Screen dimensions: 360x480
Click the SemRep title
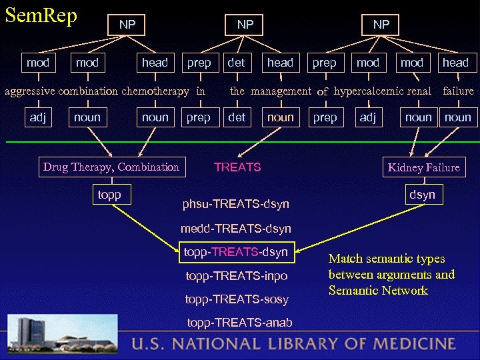click(41, 15)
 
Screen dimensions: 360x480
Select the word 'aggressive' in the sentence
click(29, 91)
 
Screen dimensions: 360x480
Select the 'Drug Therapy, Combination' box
click(111, 167)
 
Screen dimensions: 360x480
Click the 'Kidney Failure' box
click(423, 167)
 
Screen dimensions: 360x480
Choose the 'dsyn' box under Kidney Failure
click(422, 195)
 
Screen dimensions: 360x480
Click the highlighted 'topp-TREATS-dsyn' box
click(235, 251)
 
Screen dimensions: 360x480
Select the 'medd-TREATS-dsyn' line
click(235, 229)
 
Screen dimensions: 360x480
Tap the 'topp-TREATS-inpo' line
click(237, 275)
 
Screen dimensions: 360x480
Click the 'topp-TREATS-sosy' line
click(237, 299)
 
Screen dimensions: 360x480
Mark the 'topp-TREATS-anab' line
click(238, 323)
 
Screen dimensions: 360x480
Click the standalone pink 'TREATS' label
click(237, 167)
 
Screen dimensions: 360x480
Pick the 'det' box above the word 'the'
click(236, 63)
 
